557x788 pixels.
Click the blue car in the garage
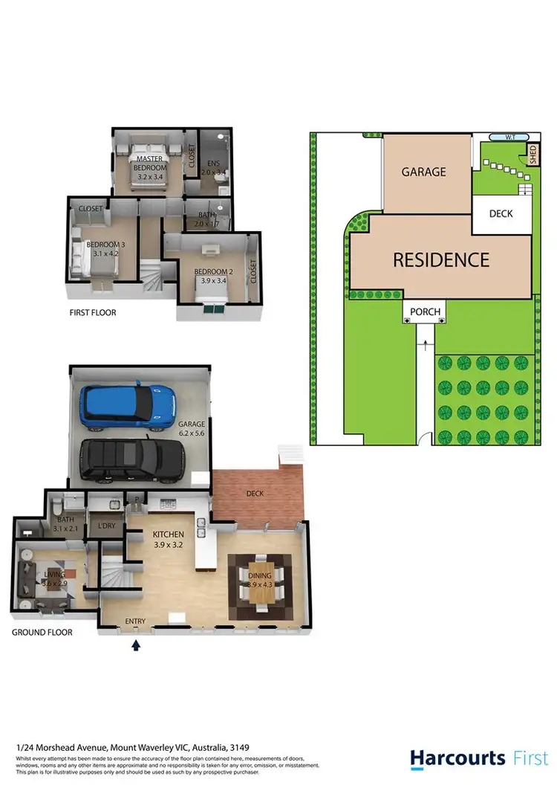pyautogui.click(x=128, y=407)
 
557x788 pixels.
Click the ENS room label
pyautogui.click(x=214, y=167)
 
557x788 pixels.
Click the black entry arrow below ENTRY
pyautogui.click(x=135, y=646)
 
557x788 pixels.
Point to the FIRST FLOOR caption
pyautogui.click(x=92, y=313)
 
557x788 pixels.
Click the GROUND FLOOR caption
pyautogui.click(x=42, y=633)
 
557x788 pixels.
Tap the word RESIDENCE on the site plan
pyautogui.click(x=440, y=259)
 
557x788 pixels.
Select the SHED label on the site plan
pyautogui.click(x=532, y=155)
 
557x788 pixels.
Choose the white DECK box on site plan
pyautogui.click(x=501, y=214)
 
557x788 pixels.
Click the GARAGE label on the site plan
pyautogui.click(x=424, y=172)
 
